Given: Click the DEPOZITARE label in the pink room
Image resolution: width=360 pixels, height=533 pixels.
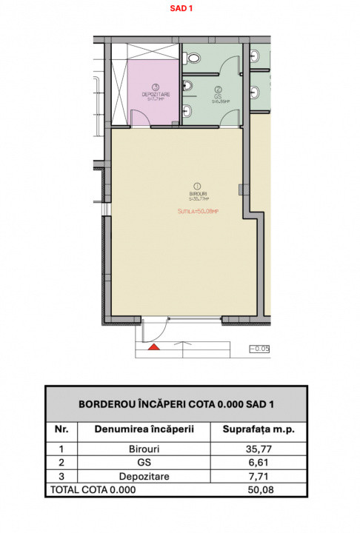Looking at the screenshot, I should pos(155,93).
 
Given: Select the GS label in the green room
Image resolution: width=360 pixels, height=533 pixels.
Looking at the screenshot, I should pos(219,96).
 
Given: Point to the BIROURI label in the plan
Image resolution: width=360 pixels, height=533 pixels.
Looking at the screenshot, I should pos(197,195).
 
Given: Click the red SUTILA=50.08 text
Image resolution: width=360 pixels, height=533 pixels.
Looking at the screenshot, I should pos(198,211).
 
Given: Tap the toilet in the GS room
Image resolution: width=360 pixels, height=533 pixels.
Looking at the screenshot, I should pos(188,112).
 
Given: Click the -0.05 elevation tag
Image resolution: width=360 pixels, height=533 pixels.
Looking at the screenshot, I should pos(259,347).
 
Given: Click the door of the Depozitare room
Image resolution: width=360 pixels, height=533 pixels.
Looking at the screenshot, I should pos(140,118).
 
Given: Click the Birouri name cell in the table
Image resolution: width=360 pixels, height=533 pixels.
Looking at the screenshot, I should pos(144,449).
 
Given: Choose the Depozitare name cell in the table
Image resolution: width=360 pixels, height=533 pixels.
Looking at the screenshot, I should pos(144,477).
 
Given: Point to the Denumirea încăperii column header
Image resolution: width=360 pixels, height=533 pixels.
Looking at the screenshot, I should pos(144,429).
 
